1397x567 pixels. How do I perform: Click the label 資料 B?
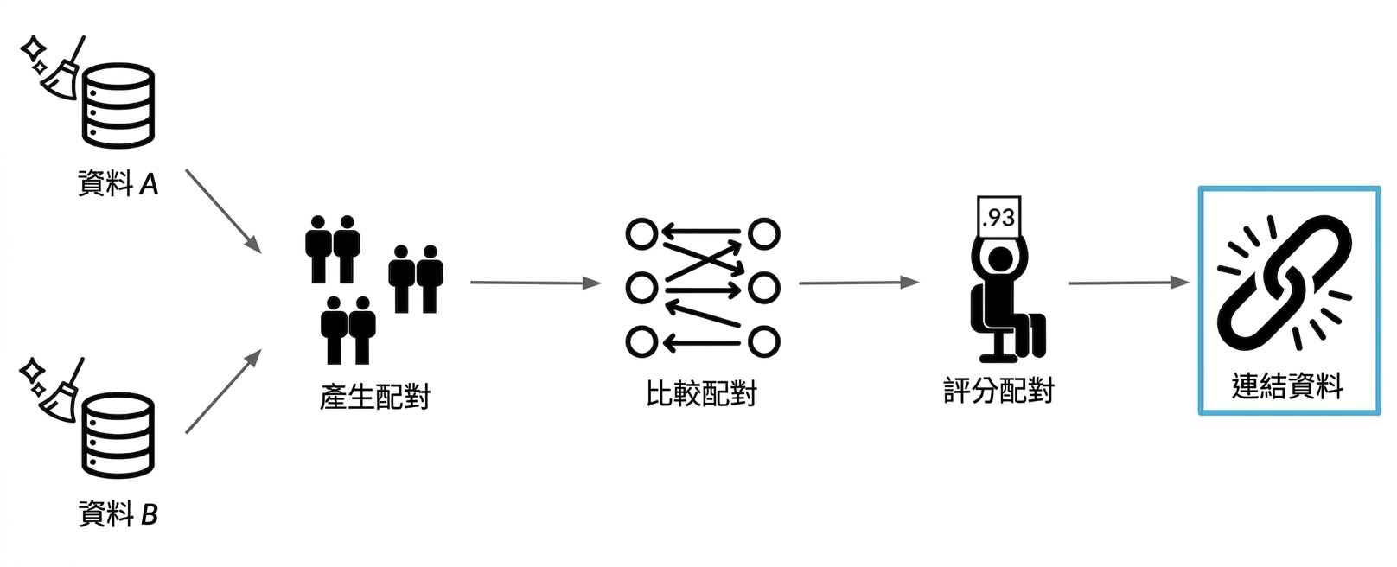(118, 514)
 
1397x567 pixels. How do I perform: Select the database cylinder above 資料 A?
(118, 105)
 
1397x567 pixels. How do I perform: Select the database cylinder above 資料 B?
(118, 436)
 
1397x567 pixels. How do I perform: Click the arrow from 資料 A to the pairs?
(223, 211)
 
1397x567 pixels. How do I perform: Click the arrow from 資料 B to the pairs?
(223, 391)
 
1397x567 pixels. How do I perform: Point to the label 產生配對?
(375, 396)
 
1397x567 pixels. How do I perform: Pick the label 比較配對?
(702, 393)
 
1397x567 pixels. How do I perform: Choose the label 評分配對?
(998, 391)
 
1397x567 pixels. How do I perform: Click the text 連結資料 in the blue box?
(1288, 385)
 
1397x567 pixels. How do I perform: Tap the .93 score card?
(999, 217)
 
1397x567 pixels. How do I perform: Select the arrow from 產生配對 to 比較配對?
(536, 283)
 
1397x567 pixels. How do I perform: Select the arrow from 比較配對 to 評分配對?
(859, 283)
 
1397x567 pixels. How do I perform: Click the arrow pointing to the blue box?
(1130, 283)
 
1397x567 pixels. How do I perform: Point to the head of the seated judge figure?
(999, 259)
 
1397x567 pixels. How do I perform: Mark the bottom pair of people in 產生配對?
(348, 330)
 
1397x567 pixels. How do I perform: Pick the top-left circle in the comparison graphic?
(641, 234)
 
